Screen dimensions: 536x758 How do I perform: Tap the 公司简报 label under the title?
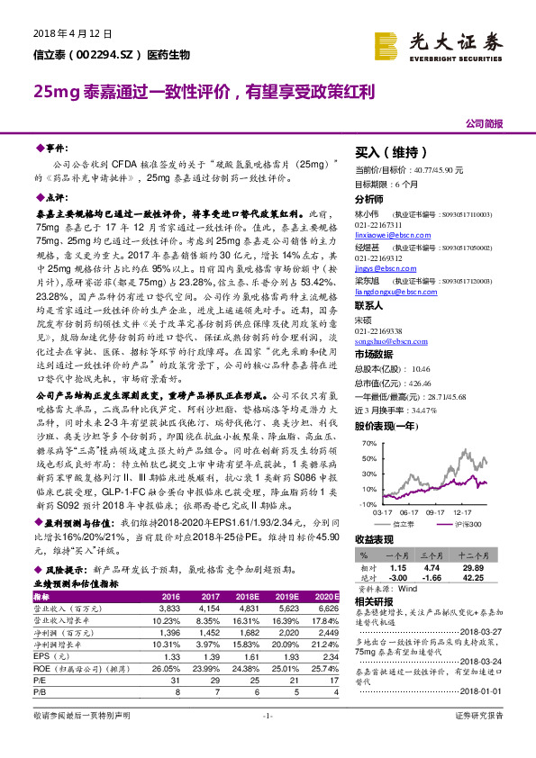[x=485, y=122]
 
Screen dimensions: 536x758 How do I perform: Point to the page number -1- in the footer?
[x=267, y=740]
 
